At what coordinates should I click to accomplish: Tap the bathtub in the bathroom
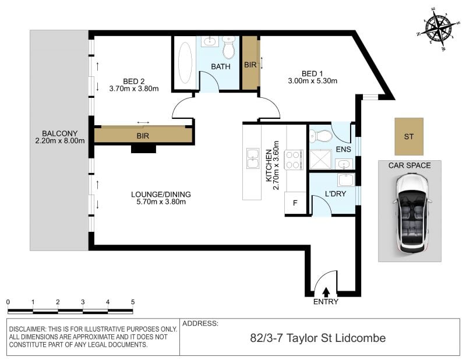coord(185,62)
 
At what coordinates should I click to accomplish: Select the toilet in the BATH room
coord(228,48)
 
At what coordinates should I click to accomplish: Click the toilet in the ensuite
coord(320,136)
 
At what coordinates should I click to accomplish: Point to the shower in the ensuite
coord(320,160)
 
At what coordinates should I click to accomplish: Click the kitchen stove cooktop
coord(294,160)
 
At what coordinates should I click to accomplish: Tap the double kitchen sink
coord(253,158)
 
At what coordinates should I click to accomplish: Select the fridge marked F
coord(295,203)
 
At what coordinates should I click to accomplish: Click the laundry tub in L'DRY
coord(346,180)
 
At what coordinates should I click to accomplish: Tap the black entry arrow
coord(326,292)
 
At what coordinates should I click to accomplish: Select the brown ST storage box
coord(409,136)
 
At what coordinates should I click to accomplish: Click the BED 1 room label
coord(312,73)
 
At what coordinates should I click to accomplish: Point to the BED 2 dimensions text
coord(134,89)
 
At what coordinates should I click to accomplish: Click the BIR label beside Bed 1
coord(250,65)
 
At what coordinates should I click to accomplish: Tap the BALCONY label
coord(60,133)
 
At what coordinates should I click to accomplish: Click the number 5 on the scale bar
coord(133,302)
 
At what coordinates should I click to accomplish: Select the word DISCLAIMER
coord(28,329)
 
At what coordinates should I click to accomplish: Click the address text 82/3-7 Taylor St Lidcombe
coord(318,338)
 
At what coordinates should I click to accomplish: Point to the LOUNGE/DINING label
coord(161,195)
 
